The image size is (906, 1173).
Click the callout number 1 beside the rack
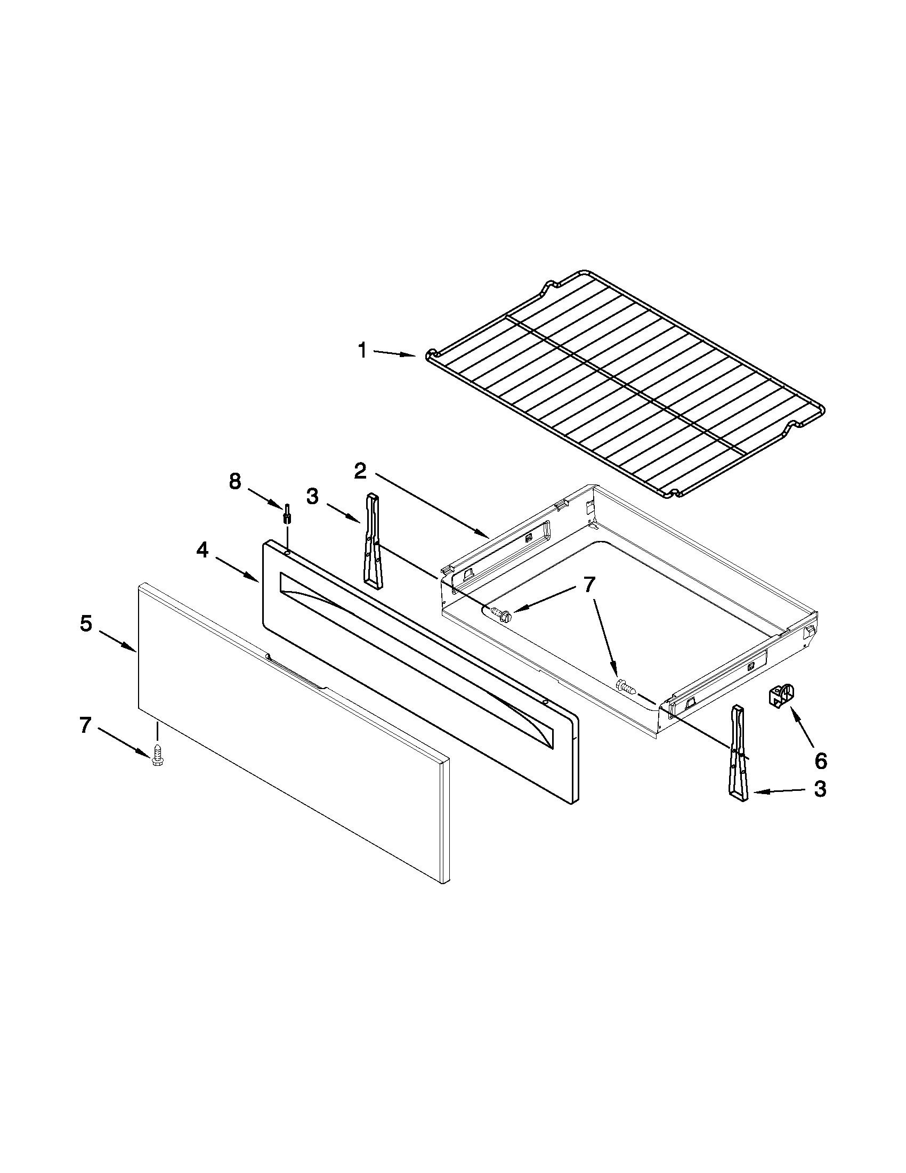click(362, 351)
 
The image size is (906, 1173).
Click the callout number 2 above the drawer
click(360, 472)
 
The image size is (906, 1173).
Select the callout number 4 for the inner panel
click(202, 550)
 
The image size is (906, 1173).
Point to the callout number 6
click(820, 761)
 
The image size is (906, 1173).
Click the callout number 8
click(235, 481)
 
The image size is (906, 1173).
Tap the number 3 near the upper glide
click(312, 496)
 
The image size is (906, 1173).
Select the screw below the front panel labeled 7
click(157, 754)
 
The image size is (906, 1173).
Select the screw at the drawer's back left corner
click(499, 614)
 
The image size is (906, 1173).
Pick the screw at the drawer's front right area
click(626, 687)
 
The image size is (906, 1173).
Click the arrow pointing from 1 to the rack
click(395, 353)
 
